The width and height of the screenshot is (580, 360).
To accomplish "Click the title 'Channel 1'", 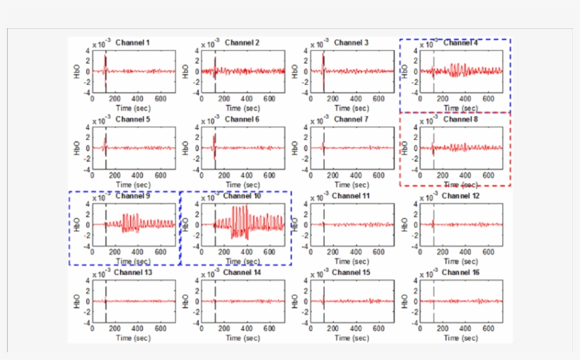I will point(132,42).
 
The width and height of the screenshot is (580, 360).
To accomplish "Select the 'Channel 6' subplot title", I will point(242,120).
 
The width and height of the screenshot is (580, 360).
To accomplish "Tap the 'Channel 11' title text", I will point(351,196).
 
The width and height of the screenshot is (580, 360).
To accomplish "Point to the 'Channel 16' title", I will point(460,272).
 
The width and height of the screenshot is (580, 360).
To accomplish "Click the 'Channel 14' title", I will point(242,272).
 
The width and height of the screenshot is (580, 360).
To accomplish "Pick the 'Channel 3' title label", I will point(351,42).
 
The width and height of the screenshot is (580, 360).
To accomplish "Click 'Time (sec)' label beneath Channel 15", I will point(352,338).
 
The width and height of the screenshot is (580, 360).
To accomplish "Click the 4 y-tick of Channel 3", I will point(307,50).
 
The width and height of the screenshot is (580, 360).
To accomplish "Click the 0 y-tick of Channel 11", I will point(307,225).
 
